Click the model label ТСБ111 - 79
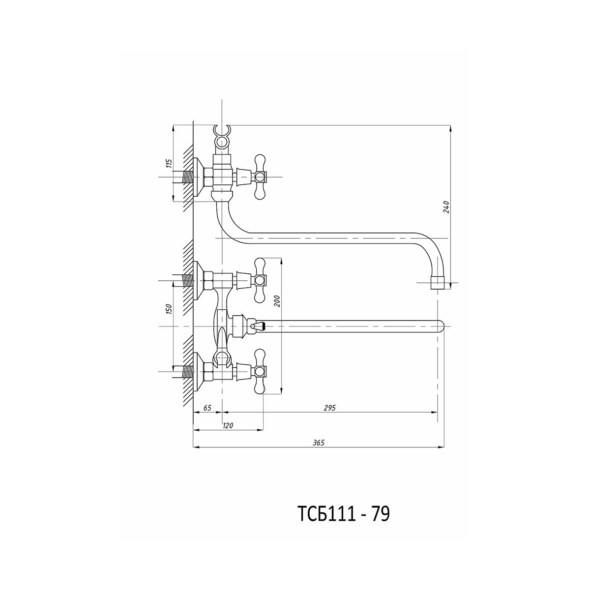pos(344,513)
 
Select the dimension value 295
pos(330,408)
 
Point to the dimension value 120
pos(228,425)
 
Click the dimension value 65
pos(207,408)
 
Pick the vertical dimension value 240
pos(446,207)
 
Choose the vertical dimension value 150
pos(170,309)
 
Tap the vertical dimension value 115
pos(169,163)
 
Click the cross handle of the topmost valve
pos(260,177)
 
